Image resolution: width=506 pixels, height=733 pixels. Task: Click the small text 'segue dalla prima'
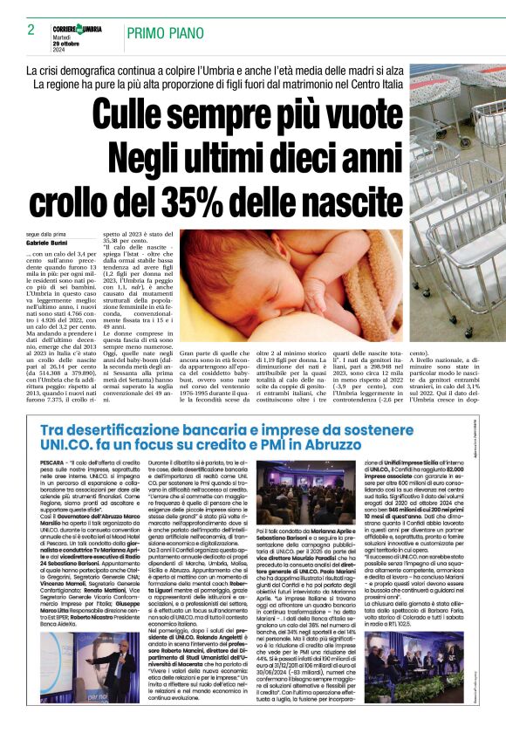click(44, 235)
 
